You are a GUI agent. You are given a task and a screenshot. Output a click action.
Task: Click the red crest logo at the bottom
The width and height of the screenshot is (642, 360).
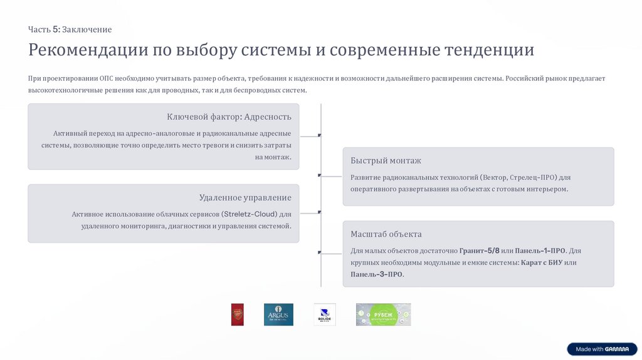pyautogui.click(x=237, y=314)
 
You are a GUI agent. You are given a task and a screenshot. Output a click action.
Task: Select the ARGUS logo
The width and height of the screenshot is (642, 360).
pyautogui.click(x=278, y=314)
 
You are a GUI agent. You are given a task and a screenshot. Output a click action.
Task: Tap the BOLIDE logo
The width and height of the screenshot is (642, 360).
pyautogui.click(x=325, y=314)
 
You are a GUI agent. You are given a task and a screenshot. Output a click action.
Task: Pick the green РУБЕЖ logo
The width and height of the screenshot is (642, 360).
pyautogui.click(x=383, y=314)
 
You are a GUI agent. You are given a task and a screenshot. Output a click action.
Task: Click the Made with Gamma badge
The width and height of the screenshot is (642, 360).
pyautogui.click(x=602, y=349)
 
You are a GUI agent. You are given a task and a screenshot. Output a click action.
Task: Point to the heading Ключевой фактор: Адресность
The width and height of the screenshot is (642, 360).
pyautogui.click(x=229, y=117)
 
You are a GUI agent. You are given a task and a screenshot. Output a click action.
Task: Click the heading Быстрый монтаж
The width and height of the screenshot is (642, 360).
pyautogui.click(x=386, y=161)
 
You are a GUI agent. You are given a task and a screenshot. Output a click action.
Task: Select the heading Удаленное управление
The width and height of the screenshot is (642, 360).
pyautogui.click(x=245, y=198)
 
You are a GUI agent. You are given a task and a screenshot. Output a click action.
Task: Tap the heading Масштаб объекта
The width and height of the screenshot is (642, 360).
pyautogui.click(x=386, y=234)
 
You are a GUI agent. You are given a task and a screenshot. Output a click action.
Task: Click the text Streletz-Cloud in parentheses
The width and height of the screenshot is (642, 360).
pyautogui.click(x=249, y=214)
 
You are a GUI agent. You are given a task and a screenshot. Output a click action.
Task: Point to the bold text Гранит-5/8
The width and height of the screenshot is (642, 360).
pyautogui.click(x=479, y=250)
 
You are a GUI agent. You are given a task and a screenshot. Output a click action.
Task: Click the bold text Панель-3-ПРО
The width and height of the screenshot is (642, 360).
pyautogui.click(x=377, y=274)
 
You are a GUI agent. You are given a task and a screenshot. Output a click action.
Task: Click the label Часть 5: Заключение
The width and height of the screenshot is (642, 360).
pyautogui.click(x=70, y=29)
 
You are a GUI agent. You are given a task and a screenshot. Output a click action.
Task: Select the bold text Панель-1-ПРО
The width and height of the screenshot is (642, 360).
pyautogui.click(x=541, y=250)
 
